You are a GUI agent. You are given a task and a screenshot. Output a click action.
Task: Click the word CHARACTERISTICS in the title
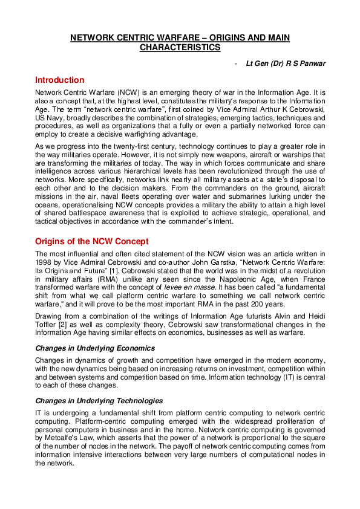tap(180, 47)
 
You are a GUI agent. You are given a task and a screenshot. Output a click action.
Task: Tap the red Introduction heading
tap(59, 80)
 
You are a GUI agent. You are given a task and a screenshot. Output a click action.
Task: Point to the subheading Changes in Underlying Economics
tap(95, 348)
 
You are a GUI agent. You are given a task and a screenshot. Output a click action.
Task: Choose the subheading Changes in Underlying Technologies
tap(99, 401)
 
